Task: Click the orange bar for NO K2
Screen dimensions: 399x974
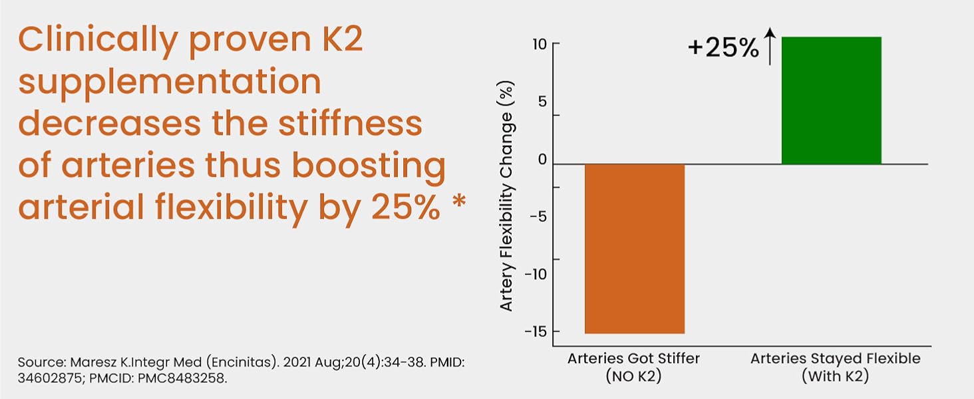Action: click(x=634, y=248)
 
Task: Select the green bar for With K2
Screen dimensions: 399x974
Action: click(x=831, y=100)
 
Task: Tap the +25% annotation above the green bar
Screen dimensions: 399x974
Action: click(x=723, y=49)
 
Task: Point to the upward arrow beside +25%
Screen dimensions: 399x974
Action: click(x=770, y=46)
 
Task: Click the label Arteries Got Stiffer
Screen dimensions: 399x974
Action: click(x=633, y=358)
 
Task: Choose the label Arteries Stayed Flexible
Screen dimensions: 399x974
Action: click(x=836, y=358)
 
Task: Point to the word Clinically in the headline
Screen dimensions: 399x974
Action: click(x=98, y=42)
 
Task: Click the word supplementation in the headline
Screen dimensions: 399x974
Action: click(x=170, y=84)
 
